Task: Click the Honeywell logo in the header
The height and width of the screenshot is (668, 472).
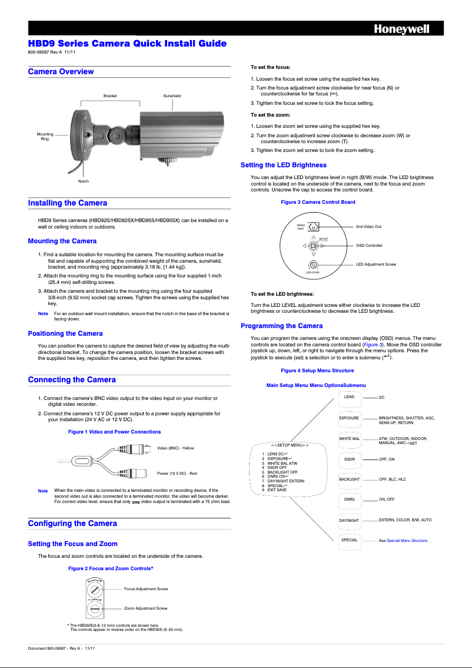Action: tap(403, 29)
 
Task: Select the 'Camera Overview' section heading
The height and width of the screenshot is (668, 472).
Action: tap(61, 72)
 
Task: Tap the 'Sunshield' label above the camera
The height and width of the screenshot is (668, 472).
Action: tap(172, 95)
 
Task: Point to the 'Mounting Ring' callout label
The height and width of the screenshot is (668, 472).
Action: tap(45, 136)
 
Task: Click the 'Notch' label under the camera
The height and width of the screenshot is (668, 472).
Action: tap(84, 181)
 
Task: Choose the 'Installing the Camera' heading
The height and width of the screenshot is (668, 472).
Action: tap(68, 203)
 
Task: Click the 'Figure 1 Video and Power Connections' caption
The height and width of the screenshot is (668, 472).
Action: tap(114, 432)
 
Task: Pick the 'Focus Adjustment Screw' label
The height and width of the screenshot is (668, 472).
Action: tap(146, 588)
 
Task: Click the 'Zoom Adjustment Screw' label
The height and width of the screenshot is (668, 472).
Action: tap(145, 608)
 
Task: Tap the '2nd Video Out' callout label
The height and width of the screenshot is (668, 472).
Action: tap(368, 227)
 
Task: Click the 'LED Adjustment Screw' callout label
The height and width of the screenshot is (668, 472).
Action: tap(375, 264)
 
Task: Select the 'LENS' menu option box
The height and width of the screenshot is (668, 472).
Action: tap(349, 398)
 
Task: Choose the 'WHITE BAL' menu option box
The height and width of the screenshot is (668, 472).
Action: tap(349, 439)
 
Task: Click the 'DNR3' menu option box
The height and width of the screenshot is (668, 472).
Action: tap(349, 500)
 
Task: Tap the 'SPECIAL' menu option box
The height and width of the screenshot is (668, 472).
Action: tap(349, 540)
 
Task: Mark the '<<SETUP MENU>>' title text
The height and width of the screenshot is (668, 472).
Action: tap(290, 445)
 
